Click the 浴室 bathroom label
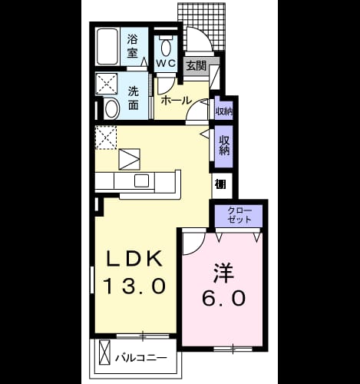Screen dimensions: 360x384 133,47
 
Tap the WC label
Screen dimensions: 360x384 166,63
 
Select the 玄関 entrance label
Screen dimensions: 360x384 197,66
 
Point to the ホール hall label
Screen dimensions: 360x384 177,100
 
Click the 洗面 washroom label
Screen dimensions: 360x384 134,98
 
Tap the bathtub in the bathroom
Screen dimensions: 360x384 107,47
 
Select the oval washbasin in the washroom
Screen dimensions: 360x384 112,109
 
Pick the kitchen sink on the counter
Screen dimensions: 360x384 141,180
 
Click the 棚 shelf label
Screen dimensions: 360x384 220,184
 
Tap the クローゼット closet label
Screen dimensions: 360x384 239,215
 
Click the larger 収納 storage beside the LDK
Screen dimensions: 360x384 224,146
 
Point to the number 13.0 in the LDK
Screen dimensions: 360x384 134,286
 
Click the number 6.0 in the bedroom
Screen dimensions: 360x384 224,298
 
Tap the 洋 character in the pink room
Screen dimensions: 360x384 224,272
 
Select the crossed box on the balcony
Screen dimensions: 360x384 105,352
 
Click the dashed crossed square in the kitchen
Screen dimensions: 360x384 106,137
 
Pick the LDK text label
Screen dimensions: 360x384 134,259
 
